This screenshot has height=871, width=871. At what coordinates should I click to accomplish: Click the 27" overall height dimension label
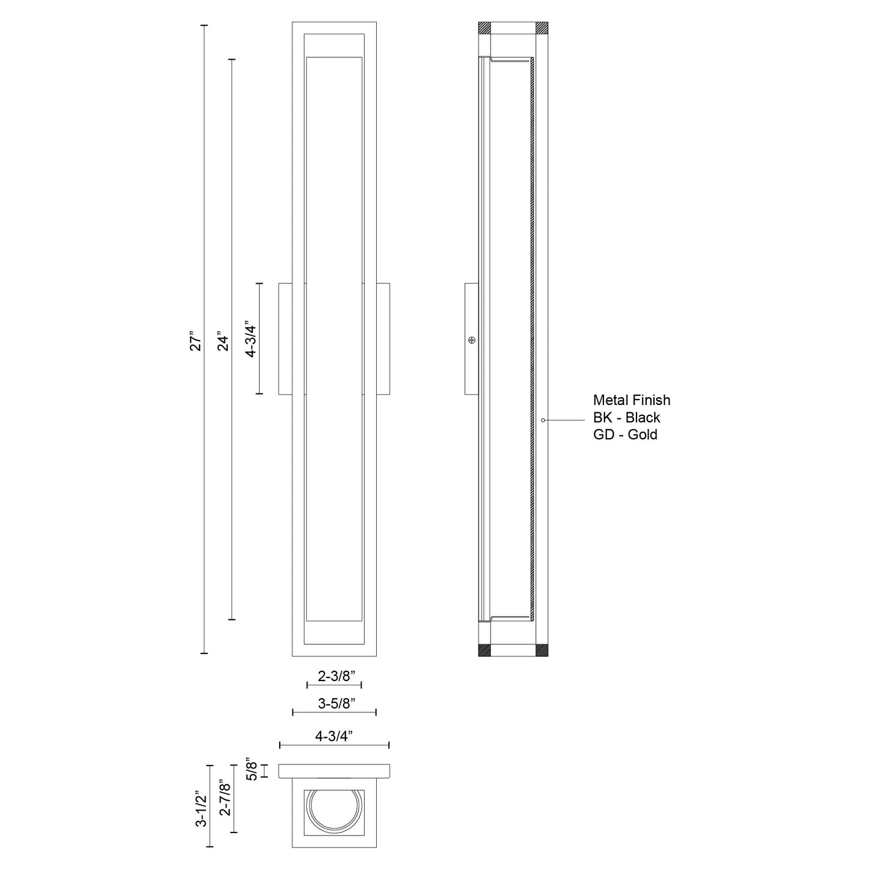194,341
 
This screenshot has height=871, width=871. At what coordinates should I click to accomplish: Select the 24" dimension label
223,341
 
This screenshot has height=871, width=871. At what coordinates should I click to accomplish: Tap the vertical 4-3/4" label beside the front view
251,341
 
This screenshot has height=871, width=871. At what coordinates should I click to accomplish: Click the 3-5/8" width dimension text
336,703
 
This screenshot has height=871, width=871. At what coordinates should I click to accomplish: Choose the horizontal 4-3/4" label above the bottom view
333,736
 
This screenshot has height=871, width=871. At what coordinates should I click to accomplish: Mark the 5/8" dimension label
253,771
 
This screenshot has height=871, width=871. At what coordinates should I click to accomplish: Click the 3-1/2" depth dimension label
201,811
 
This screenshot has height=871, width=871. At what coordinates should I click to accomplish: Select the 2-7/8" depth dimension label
225,798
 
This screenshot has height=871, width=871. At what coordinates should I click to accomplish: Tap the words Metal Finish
631,400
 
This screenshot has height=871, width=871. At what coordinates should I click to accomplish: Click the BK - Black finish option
626,417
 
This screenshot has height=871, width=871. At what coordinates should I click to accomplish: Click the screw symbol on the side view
472,340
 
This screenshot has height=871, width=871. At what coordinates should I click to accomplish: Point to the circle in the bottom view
334,812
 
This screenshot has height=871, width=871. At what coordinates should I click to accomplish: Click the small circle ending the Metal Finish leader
543,420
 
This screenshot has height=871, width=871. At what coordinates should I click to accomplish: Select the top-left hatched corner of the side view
485,28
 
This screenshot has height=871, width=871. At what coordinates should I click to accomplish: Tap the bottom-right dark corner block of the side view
542,650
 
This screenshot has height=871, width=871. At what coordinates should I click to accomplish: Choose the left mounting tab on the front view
286,339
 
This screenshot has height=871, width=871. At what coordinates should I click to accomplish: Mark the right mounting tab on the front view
383,339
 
